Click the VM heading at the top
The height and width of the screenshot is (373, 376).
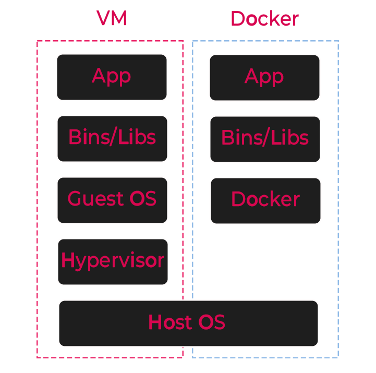pyautogui.click(x=112, y=19)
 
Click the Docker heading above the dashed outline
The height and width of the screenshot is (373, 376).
pyautogui.click(x=264, y=19)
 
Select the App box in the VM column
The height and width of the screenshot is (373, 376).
pyautogui.click(x=112, y=77)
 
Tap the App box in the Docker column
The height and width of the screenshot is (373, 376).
pyautogui.click(x=264, y=77)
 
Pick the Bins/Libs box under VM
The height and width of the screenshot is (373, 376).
pyautogui.click(x=112, y=138)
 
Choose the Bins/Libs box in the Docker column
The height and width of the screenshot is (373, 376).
pyautogui.click(x=265, y=139)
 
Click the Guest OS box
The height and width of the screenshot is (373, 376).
pyautogui.click(x=112, y=200)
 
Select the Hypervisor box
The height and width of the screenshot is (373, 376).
pyautogui.click(x=113, y=261)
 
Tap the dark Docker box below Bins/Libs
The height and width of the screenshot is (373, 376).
pyautogui.click(x=265, y=200)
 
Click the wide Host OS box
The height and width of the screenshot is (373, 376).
pyautogui.click(x=188, y=323)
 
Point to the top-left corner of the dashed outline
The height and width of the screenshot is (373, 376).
pyautogui.click(x=192, y=41)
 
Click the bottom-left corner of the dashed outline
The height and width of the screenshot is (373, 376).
pyautogui.click(x=192, y=357)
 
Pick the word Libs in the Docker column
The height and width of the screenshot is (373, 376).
pyautogui.click(x=289, y=138)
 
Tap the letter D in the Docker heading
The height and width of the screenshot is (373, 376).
pyautogui.click(x=237, y=19)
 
